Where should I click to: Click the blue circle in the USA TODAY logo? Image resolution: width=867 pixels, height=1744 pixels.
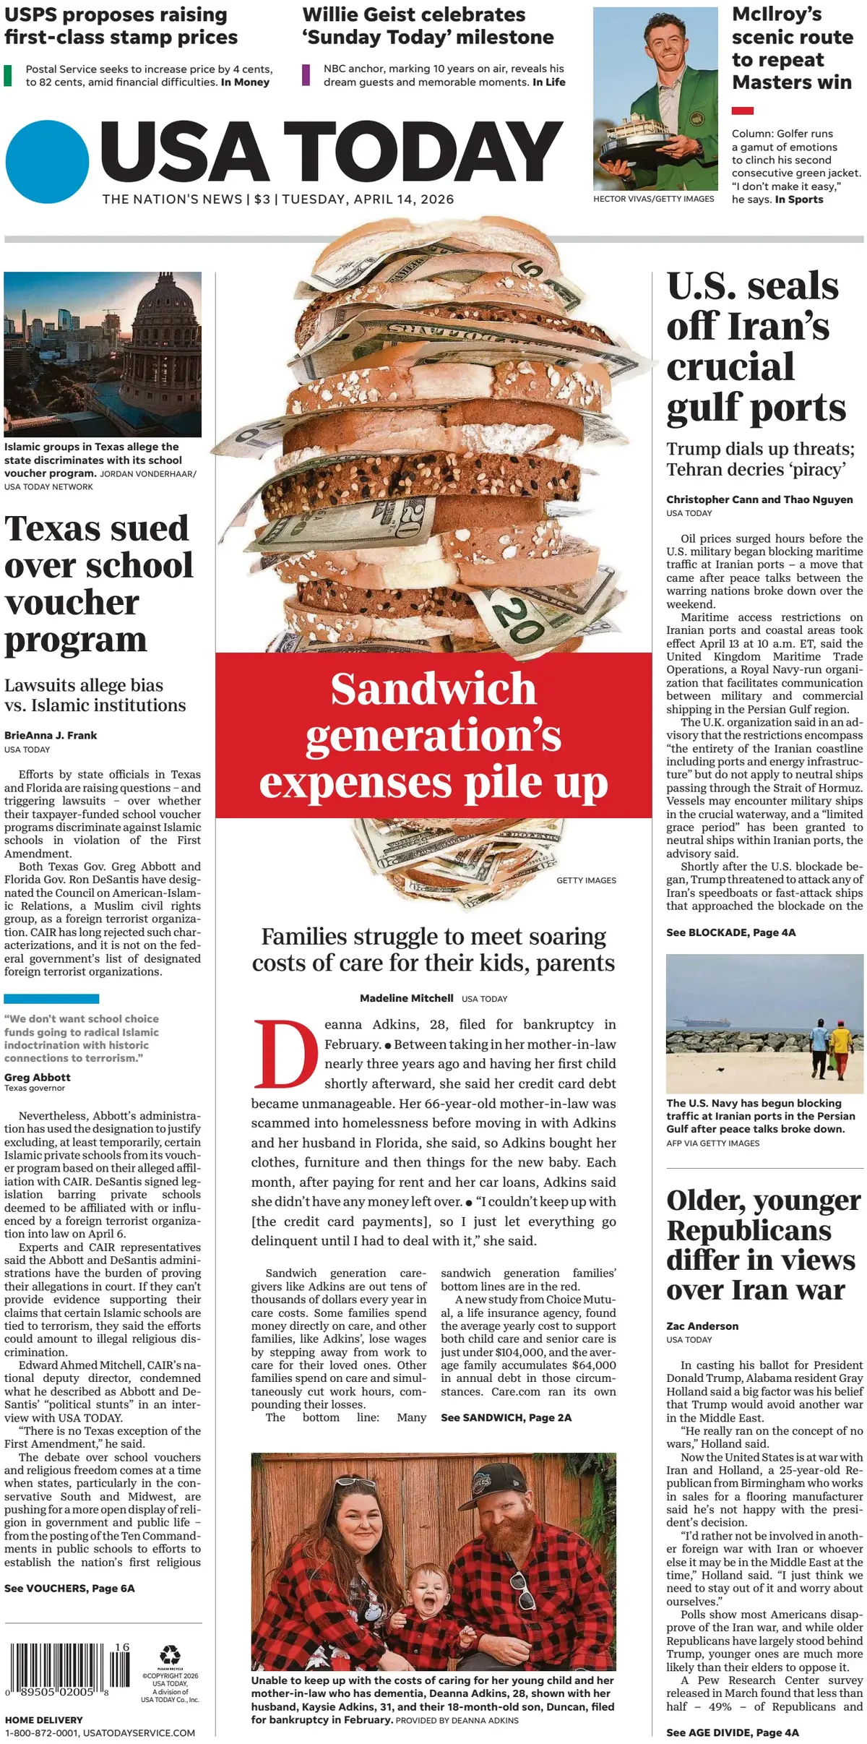(47, 162)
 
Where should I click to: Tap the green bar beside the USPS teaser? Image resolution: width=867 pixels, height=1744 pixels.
(8, 75)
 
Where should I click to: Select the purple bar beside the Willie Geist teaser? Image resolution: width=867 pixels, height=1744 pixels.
(306, 75)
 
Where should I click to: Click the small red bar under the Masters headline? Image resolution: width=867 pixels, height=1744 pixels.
(742, 111)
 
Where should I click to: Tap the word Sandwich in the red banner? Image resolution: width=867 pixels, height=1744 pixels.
(433, 689)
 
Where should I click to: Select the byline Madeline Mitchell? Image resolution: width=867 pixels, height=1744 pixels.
(407, 998)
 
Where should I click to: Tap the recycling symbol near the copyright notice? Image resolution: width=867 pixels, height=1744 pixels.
(171, 1654)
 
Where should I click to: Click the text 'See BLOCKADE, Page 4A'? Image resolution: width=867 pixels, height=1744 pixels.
(730, 932)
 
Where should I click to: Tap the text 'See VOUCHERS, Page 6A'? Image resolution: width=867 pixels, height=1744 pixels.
(69, 1588)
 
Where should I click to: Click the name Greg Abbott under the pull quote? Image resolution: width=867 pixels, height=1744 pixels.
(38, 1077)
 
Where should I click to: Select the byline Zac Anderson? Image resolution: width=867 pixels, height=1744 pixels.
(702, 1326)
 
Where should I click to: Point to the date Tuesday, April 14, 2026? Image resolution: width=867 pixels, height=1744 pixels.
(368, 199)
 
